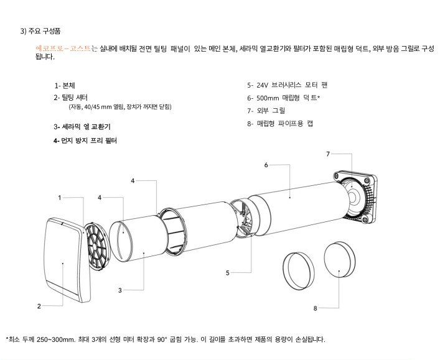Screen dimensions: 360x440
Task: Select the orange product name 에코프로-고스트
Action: [63, 48]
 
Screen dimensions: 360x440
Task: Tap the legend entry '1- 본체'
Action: [65, 85]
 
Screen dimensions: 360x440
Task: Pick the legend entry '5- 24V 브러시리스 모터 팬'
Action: [287, 85]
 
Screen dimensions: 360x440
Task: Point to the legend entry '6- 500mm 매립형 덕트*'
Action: [283, 98]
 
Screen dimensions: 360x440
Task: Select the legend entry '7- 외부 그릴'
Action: [266, 111]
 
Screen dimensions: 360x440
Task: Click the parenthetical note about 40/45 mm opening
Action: [119, 107]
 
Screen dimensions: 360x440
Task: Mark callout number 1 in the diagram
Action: [60, 197]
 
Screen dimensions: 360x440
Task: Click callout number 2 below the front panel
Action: [39, 306]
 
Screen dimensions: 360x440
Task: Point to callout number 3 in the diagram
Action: [119, 290]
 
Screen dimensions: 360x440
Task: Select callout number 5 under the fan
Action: [228, 272]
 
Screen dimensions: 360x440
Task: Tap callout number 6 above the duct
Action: [266, 165]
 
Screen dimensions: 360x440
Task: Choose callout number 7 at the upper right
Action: [328, 153]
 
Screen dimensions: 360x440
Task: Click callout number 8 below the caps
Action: [316, 308]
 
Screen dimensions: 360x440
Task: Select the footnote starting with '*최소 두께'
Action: [165, 339]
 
